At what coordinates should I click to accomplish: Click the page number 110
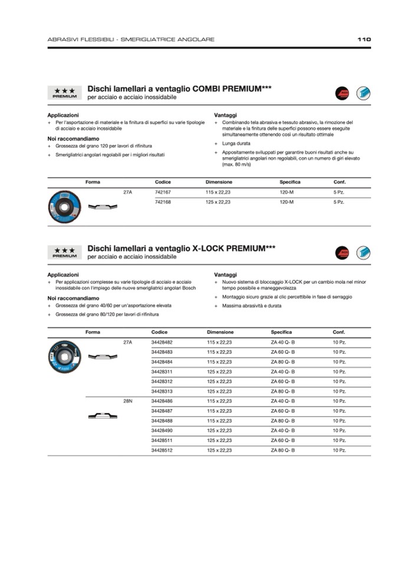click(x=363, y=40)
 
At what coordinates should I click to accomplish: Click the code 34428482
click(x=162, y=342)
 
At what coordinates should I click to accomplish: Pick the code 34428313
click(x=162, y=391)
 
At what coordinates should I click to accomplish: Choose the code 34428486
click(x=162, y=401)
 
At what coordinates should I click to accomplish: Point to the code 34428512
click(x=162, y=450)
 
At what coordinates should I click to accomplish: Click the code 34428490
click(x=162, y=430)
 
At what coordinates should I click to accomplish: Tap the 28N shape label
click(x=127, y=401)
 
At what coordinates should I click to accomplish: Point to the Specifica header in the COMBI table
click(x=290, y=182)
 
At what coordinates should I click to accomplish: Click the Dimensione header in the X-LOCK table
click(x=220, y=332)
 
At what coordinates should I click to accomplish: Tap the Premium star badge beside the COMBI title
click(x=64, y=92)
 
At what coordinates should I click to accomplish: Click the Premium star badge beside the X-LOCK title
click(x=64, y=253)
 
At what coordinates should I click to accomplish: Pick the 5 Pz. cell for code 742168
click(x=339, y=202)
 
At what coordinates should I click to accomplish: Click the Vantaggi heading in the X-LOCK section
click(x=225, y=274)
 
